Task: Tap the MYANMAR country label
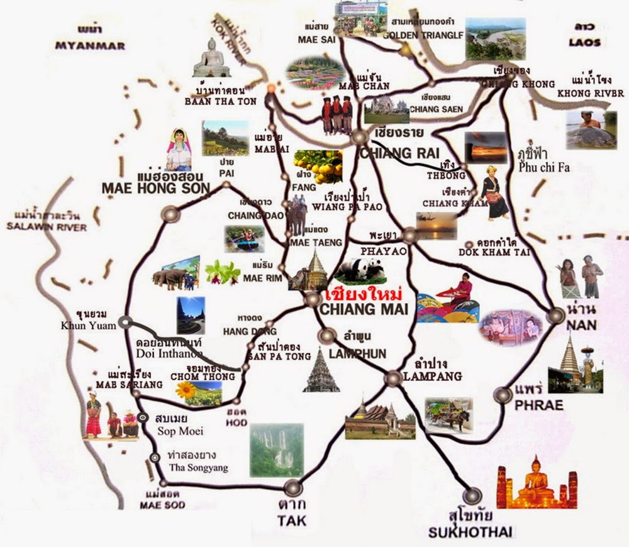(x=90, y=46)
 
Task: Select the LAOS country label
(x=584, y=43)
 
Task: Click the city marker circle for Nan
(x=555, y=316)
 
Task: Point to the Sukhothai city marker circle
(x=472, y=496)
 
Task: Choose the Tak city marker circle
(x=292, y=487)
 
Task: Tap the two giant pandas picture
(x=359, y=270)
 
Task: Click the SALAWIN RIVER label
(x=47, y=227)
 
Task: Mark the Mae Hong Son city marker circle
(x=170, y=214)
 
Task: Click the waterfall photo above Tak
(x=277, y=450)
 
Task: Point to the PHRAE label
(x=538, y=406)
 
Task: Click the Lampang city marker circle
(x=393, y=378)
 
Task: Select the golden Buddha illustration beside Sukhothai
(x=537, y=484)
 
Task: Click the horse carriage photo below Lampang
(x=448, y=414)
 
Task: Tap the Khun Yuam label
(x=86, y=326)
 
